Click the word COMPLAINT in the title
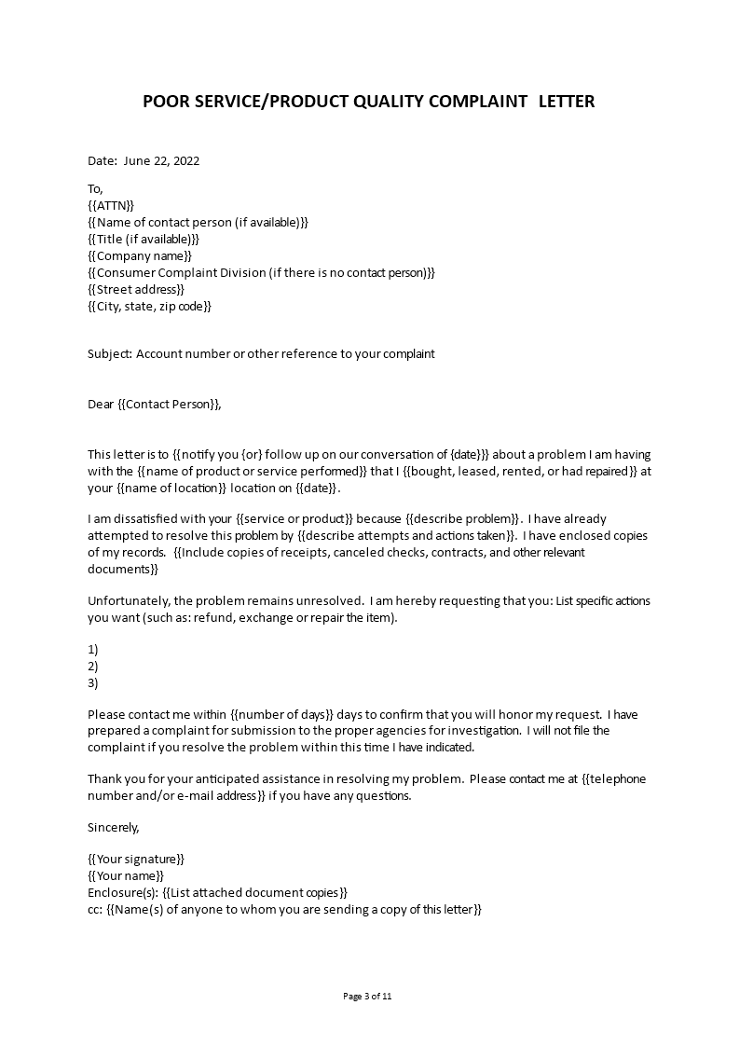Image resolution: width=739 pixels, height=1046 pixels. (476, 101)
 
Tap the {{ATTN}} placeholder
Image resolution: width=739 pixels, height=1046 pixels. (111, 205)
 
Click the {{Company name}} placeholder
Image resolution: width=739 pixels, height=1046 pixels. (140, 255)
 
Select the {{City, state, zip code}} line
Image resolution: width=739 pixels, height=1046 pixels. (149, 306)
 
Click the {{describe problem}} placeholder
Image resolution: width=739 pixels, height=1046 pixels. (449, 519)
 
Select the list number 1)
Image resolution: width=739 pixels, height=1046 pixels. (92, 650)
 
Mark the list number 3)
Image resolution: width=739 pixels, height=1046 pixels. (92, 683)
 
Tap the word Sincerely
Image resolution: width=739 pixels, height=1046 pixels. (113, 827)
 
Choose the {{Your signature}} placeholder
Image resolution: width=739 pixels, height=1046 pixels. (136, 859)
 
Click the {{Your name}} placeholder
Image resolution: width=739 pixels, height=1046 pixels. (126, 875)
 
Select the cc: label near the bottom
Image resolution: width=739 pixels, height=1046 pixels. (95, 909)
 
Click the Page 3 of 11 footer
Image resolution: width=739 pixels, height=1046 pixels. (368, 996)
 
